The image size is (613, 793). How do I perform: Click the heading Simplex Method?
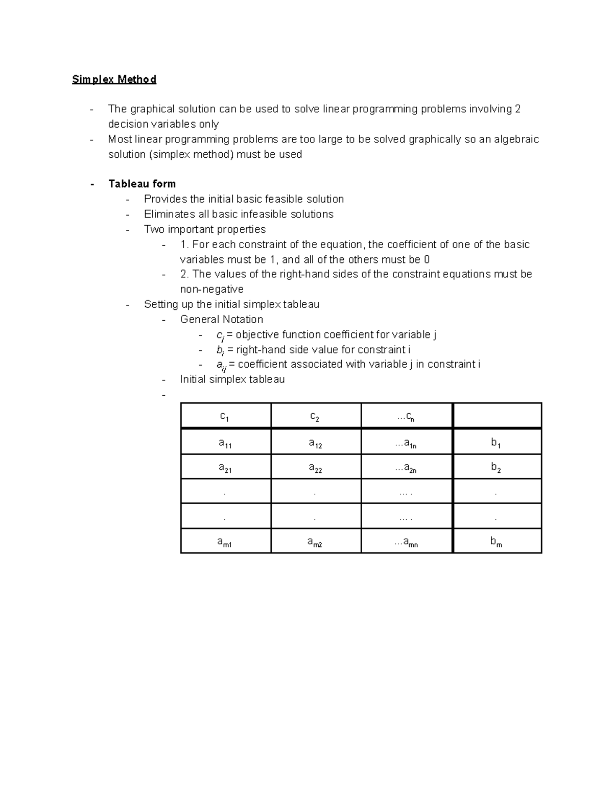[114, 79]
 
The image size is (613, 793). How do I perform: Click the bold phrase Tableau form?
[142, 184]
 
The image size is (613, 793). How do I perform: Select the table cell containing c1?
[225, 416]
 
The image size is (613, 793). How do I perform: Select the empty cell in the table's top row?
[497, 416]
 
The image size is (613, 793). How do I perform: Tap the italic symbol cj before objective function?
[220, 335]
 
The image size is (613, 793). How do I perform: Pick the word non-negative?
[211, 289]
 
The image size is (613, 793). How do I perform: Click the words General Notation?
[221, 320]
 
